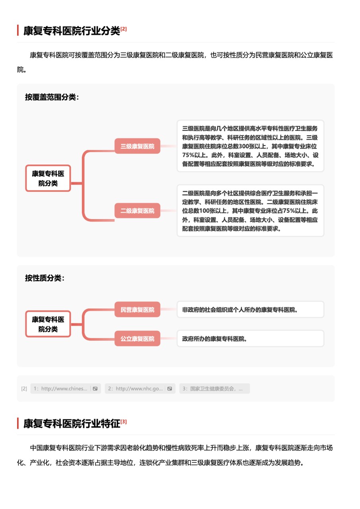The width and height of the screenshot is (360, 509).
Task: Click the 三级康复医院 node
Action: [x=137, y=146]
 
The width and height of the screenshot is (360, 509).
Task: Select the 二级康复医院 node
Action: [x=137, y=211]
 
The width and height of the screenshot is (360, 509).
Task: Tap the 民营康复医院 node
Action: [x=137, y=309]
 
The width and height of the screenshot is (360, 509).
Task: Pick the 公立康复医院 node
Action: [x=137, y=338]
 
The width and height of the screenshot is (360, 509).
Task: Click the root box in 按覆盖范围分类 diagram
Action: [x=48, y=178]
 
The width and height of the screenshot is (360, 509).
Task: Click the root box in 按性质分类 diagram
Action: [x=48, y=324]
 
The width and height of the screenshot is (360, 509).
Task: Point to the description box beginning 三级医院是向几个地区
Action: [x=251, y=146]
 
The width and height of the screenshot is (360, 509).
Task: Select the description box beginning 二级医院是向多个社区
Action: [x=251, y=211]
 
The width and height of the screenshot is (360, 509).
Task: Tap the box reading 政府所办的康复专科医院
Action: [x=251, y=338]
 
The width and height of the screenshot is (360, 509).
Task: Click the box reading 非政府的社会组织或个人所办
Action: [x=251, y=309]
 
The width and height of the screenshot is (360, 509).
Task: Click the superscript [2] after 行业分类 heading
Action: [x=123, y=29]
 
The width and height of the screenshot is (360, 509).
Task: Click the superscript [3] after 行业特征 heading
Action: [x=123, y=422]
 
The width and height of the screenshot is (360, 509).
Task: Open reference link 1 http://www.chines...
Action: [x=60, y=389]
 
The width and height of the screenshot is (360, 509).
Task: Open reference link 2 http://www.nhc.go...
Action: [x=136, y=389]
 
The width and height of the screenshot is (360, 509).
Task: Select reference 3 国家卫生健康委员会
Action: [x=214, y=389]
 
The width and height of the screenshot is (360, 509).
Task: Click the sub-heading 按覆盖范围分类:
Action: [x=52, y=97]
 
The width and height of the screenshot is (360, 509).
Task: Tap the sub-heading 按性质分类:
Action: [x=45, y=278]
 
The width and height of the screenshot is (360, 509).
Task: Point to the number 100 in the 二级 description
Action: [x=204, y=211]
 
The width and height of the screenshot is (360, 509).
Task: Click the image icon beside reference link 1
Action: [x=95, y=389]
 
